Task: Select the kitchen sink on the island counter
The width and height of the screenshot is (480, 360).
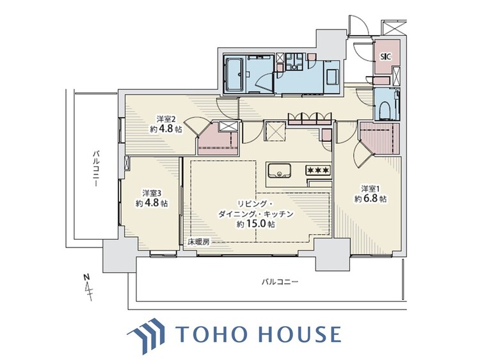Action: coord(279,171)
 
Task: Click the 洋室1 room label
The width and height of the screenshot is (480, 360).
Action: coord(371,189)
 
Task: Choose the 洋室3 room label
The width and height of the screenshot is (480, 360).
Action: coord(152,193)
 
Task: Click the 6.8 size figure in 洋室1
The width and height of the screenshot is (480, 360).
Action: coord(376,199)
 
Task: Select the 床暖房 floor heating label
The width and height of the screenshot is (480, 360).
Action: coord(198,242)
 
